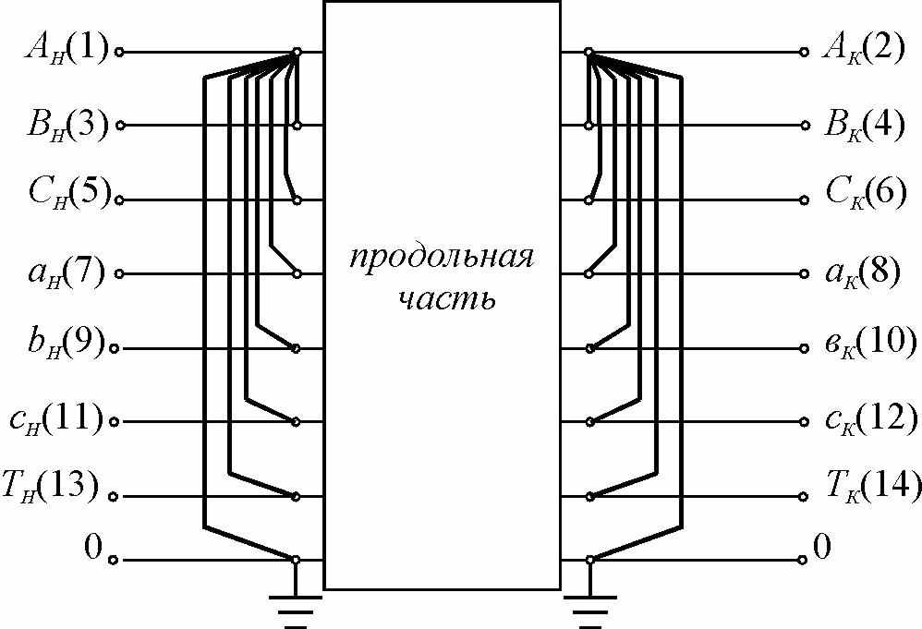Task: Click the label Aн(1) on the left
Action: [x=66, y=47]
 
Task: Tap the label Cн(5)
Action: [x=66, y=196]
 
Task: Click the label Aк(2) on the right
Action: [x=864, y=47]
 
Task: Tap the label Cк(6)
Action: [x=864, y=196]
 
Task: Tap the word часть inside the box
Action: [x=442, y=299]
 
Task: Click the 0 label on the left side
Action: [x=91, y=548]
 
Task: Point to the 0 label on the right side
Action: [x=821, y=548]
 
